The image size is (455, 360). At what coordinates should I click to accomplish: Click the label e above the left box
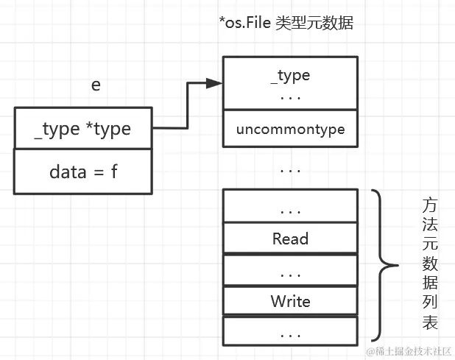point(96,85)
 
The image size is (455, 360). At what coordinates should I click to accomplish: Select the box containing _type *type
point(82,129)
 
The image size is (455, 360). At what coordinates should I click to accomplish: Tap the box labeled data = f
point(82,172)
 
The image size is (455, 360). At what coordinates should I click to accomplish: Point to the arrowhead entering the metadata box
point(214,83)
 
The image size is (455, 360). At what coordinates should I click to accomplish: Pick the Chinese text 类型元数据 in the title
point(316,24)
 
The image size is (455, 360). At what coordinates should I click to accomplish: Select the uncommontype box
point(290,130)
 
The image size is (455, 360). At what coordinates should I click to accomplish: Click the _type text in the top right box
point(290,75)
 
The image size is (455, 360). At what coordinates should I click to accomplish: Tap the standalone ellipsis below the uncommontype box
point(290,169)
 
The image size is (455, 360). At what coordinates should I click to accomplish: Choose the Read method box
point(290,238)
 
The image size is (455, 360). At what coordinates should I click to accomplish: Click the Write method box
point(290,301)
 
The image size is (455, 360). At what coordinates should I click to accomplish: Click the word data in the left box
point(68,172)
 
